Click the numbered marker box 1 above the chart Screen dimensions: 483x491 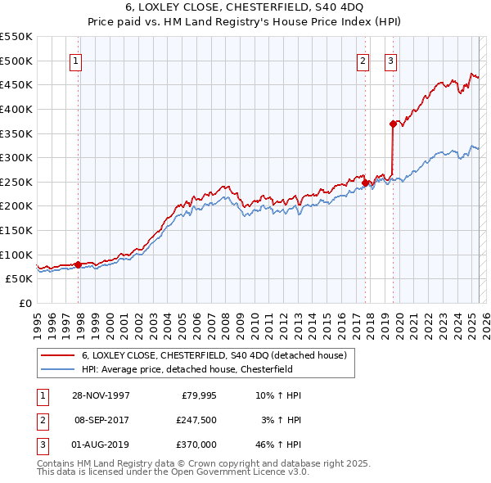pos(75,60)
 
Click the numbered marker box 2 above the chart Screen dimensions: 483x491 pos(363,60)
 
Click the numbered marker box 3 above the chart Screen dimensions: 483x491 pos(390,60)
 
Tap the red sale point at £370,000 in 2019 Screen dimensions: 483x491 pos(393,124)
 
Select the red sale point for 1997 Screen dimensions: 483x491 pos(79,264)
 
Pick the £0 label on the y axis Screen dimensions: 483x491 pos(26,303)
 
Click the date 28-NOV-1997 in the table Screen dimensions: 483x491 pos(101,395)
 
